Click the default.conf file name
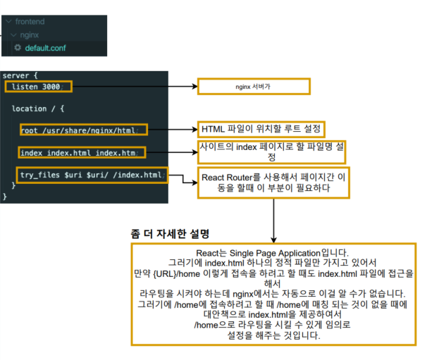pos(46,48)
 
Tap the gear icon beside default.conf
pos(18,48)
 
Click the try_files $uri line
pos(92,175)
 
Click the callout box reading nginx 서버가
pos(253,87)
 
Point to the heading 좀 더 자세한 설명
pos(171,233)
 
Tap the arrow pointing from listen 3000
pos(134,87)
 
